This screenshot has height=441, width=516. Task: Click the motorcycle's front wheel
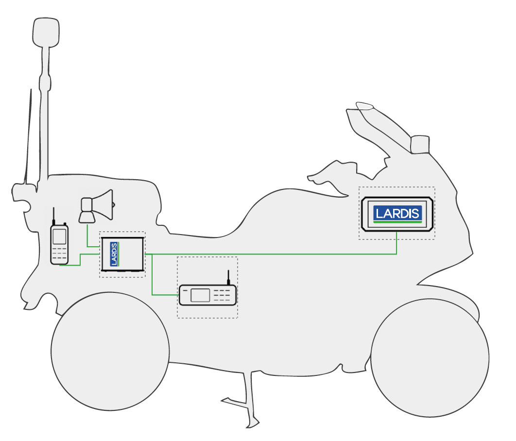[x=430, y=359]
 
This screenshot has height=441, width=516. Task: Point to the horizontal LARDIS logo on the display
[x=397, y=213]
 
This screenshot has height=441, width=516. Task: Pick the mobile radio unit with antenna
[x=207, y=295]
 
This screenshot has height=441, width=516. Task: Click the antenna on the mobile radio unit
[x=228, y=278]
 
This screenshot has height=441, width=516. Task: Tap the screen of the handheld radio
[x=59, y=236]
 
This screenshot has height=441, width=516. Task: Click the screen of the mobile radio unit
[x=201, y=295]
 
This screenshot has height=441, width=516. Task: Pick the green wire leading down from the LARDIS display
[x=397, y=245]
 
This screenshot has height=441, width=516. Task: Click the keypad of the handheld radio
[x=59, y=254]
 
